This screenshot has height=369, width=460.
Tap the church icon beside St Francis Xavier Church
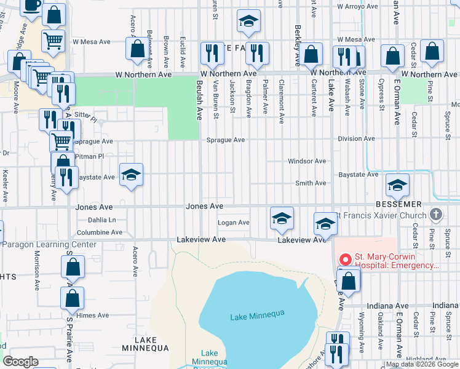click(x=436, y=215)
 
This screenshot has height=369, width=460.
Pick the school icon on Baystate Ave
click(x=131, y=177)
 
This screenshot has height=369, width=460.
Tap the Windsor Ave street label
click(x=307, y=161)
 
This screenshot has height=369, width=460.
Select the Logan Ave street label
click(x=234, y=223)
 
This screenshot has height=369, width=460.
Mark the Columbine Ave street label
click(x=100, y=232)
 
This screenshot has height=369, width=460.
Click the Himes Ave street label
click(x=93, y=315)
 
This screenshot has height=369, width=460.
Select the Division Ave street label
click(x=356, y=139)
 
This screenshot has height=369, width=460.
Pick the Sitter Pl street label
click(x=86, y=115)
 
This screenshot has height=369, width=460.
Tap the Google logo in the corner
click(x=21, y=362)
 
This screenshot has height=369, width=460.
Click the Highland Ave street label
click(x=426, y=359)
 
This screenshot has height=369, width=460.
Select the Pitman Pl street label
click(x=89, y=156)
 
